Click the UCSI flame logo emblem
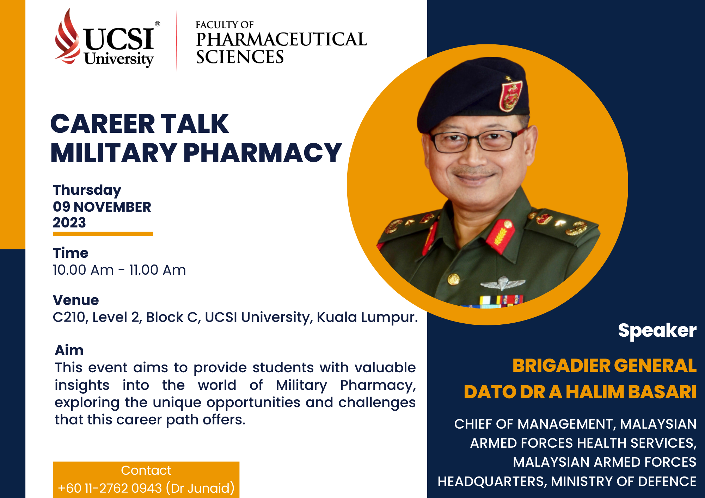tap(67, 37)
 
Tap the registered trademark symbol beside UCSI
tap(158, 24)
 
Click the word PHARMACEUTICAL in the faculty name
tap(281, 39)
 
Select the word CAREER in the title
tap(103, 124)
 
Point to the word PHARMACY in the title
tap(263, 153)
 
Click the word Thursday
tap(87, 190)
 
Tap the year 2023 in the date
tap(69, 223)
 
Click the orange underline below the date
tap(103, 234)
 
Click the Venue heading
tap(76, 300)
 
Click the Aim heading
tap(69, 350)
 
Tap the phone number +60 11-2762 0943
tap(110, 488)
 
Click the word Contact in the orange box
tap(146, 471)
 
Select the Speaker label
tap(657, 331)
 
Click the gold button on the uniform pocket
tap(453, 279)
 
